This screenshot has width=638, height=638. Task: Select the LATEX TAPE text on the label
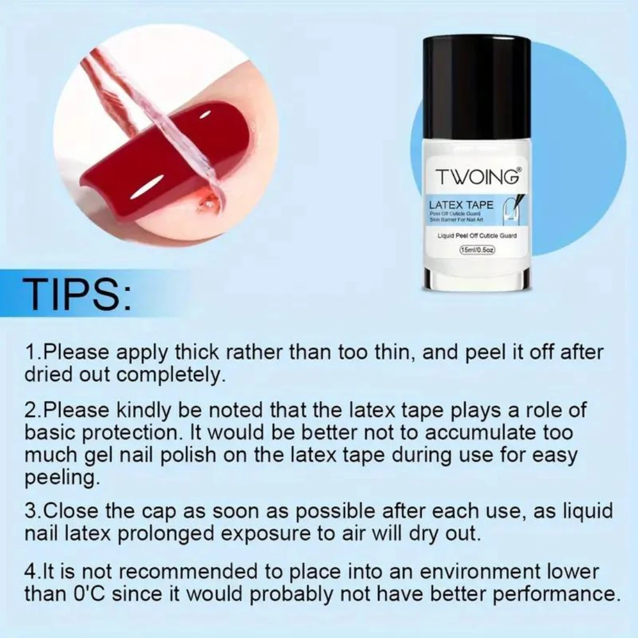click(x=461, y=205)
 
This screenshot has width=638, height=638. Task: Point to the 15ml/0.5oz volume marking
click(x=477, y=250)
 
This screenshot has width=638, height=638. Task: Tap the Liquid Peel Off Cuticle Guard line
click(x=477, y=236)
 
